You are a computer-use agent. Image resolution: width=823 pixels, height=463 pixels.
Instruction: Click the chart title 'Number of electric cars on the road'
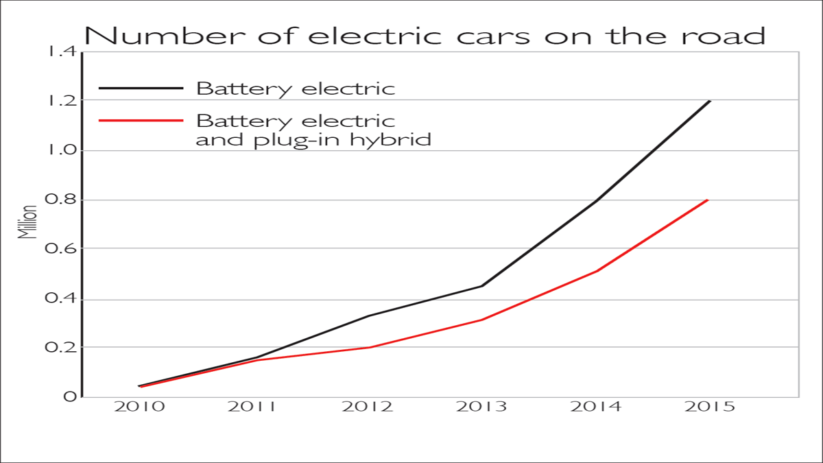[425, 34]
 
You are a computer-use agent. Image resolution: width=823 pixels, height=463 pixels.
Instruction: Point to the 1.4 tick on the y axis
[60, 51]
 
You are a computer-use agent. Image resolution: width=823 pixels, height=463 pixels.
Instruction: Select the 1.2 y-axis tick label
[60, 101]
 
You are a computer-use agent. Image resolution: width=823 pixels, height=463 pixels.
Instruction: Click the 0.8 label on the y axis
[60, 200]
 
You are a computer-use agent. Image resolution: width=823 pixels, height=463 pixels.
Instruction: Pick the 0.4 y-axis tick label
[60, 299]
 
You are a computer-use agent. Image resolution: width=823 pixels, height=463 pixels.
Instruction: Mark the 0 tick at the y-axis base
[69, 397]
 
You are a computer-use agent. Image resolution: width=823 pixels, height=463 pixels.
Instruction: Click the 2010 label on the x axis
[139, 407]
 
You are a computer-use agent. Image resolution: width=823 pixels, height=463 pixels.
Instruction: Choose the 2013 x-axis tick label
[483, 407]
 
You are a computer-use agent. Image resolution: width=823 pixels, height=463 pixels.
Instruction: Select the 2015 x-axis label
[709, 407]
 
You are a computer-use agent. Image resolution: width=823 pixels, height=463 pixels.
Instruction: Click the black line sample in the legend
[141, 88]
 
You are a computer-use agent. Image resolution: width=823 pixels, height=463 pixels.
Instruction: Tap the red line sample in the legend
[141, 120]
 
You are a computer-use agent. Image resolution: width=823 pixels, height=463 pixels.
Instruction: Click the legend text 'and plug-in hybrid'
[313, 139]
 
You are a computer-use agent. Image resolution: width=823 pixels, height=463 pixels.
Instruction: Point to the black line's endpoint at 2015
[710, 101]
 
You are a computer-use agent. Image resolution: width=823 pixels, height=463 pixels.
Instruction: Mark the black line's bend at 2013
[482, 286]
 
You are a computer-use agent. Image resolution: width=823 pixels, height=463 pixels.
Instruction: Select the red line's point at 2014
[597, 271]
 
